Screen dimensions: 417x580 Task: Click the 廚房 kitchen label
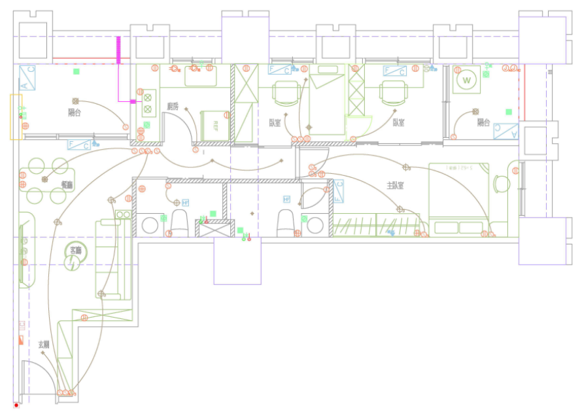click(172, 106)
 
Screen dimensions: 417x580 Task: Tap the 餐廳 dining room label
click(67, 185)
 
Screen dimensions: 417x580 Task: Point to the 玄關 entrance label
click(44, 344)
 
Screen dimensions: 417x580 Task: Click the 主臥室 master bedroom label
click(395, 186)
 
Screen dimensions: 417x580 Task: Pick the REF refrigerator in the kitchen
click(214, 125)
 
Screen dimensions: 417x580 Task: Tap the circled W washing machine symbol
click(466, 80)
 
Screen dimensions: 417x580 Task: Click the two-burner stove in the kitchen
click(148, 103)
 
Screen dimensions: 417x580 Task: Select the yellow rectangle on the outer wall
click(16, 117)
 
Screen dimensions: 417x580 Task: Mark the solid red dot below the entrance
click(16, 405)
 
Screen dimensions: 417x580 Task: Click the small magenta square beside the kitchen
click(133, 101)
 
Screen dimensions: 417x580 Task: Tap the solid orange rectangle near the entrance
click(21, 340)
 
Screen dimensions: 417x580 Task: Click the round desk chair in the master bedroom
click(502, 184)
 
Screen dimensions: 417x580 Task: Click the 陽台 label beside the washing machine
click(483, 122)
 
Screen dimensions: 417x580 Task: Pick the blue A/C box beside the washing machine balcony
click(505, 131)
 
